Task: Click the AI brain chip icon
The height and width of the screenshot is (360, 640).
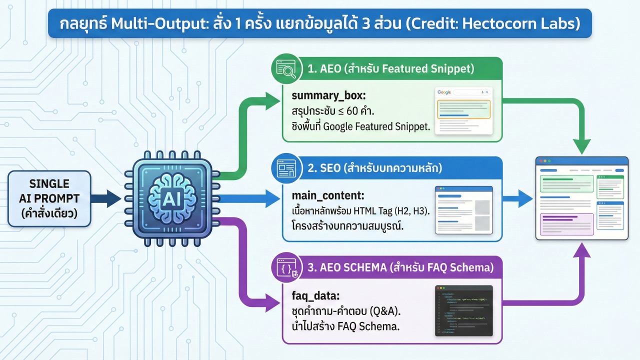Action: (168, 198)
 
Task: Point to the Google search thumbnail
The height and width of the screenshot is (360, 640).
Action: (463, 111)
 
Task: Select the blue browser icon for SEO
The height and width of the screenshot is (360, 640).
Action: (285, 168)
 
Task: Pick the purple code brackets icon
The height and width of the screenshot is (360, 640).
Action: (285, 268)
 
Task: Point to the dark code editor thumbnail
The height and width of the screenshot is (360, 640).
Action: (463, 310)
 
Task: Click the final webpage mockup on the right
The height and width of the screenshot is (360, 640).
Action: (581, 198)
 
